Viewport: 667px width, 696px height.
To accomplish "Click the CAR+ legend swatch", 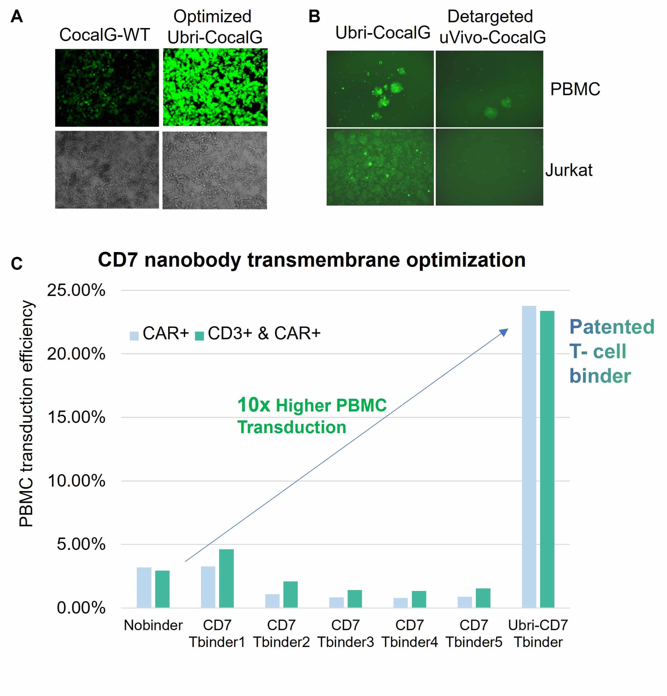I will click(134, 335).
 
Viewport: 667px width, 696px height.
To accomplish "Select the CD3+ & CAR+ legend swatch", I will click(199, 335).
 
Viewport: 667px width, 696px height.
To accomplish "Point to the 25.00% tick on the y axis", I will click(76, 291).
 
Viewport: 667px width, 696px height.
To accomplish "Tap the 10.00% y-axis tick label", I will click(76, 481).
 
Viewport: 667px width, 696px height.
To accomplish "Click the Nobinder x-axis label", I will click(153, 635).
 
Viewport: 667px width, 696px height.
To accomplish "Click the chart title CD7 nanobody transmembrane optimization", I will click(311, 260).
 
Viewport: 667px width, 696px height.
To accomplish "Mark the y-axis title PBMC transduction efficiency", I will click(26, 414).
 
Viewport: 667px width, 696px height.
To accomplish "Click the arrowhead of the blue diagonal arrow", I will click(504, 332).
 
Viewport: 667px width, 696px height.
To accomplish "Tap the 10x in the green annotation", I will click(253, 405).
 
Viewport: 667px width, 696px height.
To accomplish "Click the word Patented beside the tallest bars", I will click(612, 327).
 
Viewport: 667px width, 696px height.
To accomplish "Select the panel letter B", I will click(314, 16).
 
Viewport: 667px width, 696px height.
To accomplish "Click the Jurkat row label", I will click(569, 170).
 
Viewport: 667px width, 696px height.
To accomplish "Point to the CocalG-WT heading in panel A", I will click(104, 35).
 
